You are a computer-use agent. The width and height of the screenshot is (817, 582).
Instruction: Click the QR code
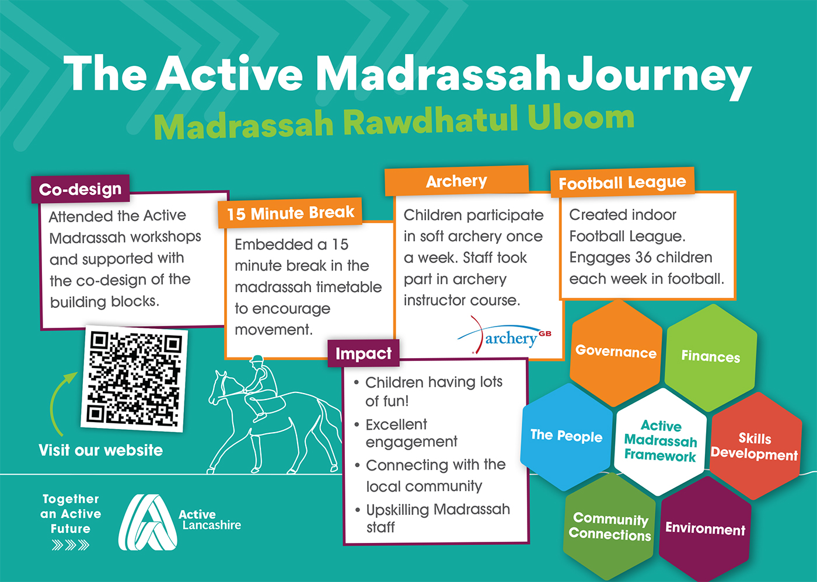coord(134,378)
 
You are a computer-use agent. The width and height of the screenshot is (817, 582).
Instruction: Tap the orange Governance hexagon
coord(616,353)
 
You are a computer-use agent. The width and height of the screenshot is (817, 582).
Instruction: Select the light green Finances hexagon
coord(711,357)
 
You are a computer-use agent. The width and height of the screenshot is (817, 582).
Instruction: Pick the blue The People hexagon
coord(567,437)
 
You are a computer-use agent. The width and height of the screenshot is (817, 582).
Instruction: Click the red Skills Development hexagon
coord(755,446)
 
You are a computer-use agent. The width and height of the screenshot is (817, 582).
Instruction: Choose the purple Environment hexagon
coord(705,528)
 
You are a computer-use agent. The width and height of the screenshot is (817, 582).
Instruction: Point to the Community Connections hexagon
coord(609,526)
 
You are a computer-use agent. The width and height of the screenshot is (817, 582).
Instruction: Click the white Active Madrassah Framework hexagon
coord(660,441)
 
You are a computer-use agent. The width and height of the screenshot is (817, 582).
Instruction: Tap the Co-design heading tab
coord(81,189)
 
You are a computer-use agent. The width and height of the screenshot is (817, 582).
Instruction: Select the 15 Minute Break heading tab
coord(291,213)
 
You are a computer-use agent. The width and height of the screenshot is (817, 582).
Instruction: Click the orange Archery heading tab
coord(456,181)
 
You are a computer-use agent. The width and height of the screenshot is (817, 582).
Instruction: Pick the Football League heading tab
coord(622,182)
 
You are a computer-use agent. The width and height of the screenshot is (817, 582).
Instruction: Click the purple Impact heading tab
coord(363,353)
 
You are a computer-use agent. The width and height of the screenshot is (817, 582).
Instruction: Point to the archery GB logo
coord(504,335)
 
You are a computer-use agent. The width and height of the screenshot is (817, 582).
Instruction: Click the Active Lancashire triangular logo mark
coord(147,522)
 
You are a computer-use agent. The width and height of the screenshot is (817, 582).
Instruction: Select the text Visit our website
coord(100,450)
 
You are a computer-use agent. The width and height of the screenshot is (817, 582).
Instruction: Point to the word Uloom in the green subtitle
coord(581,117)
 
